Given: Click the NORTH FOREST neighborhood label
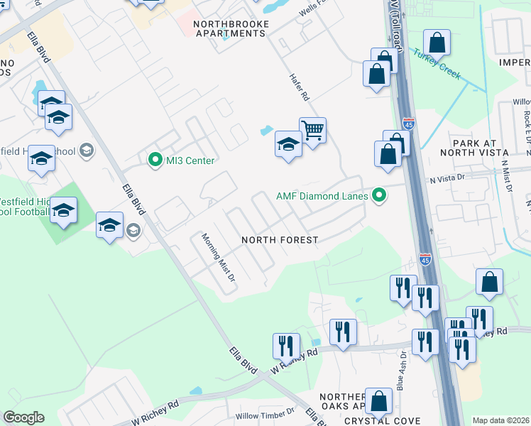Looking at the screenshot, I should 280,240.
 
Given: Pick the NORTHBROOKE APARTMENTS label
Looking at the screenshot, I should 232,28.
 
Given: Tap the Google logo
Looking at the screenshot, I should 23,417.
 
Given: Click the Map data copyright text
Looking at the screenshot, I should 500,420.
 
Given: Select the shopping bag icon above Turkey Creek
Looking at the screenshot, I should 437,43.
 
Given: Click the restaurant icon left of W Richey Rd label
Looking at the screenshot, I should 286,346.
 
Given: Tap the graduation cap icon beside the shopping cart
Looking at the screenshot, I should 288,146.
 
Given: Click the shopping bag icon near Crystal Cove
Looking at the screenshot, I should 379,401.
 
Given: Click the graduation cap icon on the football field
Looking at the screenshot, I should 63,211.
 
